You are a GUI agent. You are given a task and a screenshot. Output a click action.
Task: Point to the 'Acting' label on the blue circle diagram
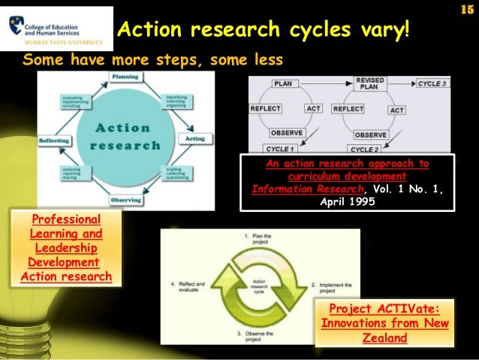(194, 139)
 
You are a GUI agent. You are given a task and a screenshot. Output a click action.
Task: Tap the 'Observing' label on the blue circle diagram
(126, 200)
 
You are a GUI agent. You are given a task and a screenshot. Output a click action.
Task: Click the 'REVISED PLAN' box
(371, 83)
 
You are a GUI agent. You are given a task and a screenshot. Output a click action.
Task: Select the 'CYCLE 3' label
(432, 83)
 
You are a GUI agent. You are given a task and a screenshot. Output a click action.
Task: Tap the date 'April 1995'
(347, 201)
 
